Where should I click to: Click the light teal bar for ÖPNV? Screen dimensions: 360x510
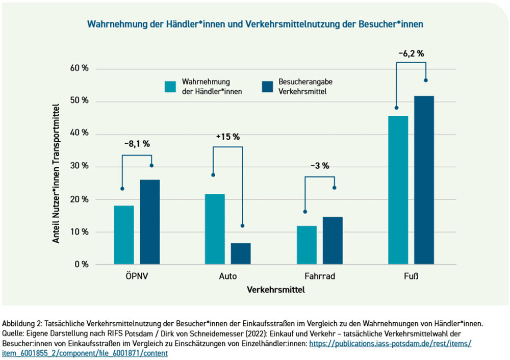(x=124, y=235)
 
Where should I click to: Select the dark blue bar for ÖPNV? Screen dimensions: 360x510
(x=150, y=222)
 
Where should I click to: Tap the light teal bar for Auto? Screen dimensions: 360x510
(x=215, y=229)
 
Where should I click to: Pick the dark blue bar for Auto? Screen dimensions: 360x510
(x=241, y=253)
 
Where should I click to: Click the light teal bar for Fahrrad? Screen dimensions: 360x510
(x=306, y=245)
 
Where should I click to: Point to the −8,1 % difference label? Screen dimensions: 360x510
(x=137, y=144)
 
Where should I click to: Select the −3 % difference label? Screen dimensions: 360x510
(x=320, y=166)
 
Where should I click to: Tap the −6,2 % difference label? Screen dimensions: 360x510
(x=411, y=53)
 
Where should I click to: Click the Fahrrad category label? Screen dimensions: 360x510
(x=319, y=277)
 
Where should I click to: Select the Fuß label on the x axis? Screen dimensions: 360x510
(x=411, y=277)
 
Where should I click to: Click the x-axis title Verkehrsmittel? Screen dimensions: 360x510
(x=276, y=290)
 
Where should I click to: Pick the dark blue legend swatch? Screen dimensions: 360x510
(x=267, y=86)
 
